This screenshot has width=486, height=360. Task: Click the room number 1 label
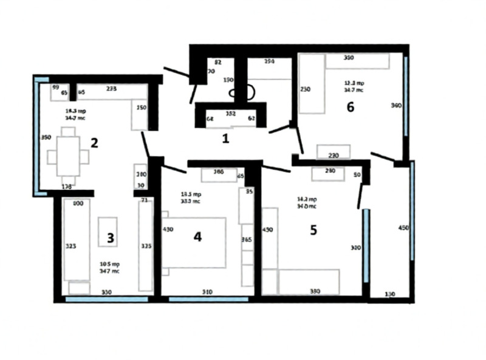(225, 139)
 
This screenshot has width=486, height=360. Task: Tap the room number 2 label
(94, 144)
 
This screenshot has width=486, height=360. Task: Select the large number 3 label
(110, 238)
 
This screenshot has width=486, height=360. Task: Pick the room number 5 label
(313, 232)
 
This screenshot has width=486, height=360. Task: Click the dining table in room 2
(68, 156)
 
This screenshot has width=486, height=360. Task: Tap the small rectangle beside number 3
(108, 231)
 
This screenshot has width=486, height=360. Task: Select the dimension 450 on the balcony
(402, 229)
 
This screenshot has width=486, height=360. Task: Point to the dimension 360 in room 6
(396, 106)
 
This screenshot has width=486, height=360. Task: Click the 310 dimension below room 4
(207, 292)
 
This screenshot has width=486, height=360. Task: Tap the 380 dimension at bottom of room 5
(314, 291)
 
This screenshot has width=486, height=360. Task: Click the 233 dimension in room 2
(111, 89)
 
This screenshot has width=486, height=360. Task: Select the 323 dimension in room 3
(70, 247)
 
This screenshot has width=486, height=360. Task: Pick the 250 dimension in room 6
(306, 89)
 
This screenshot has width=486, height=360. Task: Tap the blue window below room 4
(208, 299)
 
